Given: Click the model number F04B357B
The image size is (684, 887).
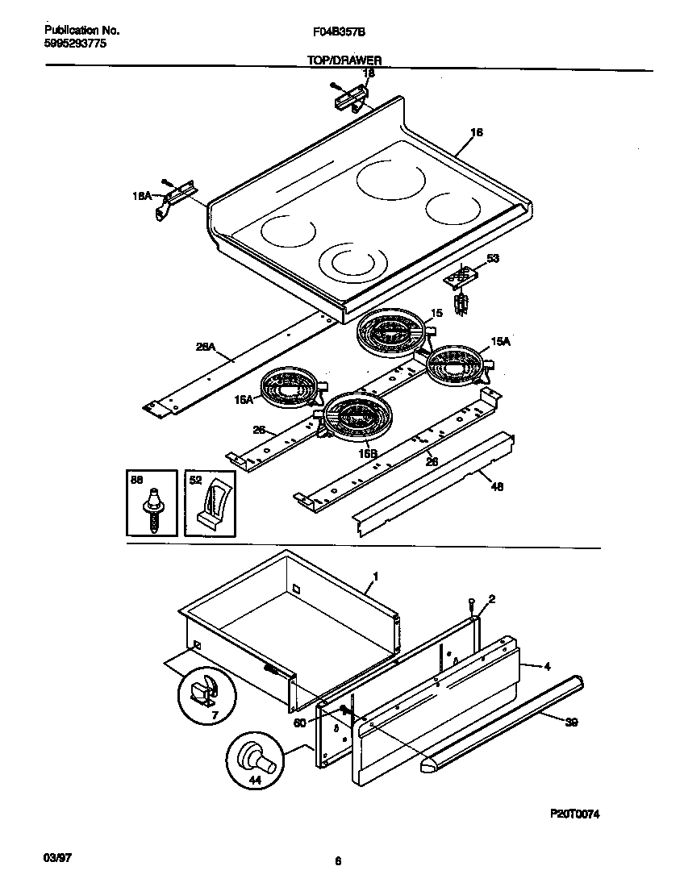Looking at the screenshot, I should (x=336, y=31).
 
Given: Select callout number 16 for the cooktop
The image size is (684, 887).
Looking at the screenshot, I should (x=476, y=132).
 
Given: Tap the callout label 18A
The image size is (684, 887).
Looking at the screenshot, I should (x=141, y=195).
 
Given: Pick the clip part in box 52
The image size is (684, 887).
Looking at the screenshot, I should (x=211, y=505).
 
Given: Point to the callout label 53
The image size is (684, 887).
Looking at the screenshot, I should (x=493, y=259).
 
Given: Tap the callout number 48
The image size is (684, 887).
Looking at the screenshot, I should (x=497, y=487).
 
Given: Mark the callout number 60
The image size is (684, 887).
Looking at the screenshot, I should (x=300, y=723).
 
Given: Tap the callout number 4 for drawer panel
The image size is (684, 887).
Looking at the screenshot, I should (x=547, y=666).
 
